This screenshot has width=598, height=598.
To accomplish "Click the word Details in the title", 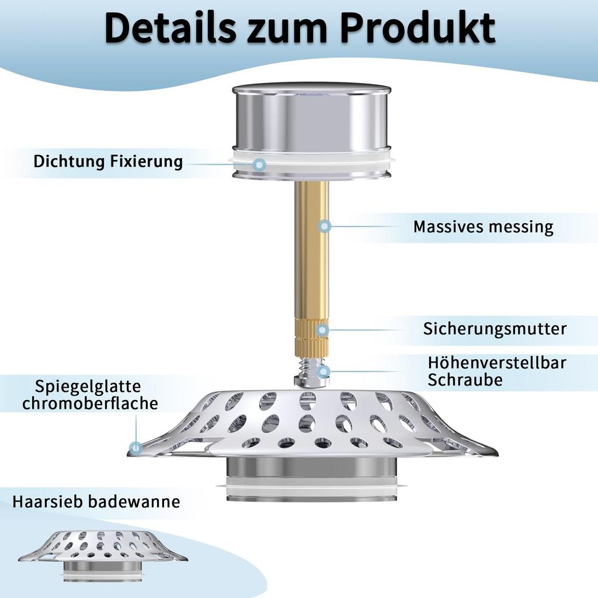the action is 170,28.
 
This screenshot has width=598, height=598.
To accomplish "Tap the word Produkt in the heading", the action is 418,28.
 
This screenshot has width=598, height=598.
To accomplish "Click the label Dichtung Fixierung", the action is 108,161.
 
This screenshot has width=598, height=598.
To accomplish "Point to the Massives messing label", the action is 483,227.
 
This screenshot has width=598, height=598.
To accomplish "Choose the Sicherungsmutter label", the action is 495,328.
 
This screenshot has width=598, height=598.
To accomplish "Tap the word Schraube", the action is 465,380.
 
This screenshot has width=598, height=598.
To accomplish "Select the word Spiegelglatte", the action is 88,387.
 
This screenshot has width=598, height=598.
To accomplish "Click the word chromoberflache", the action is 90,404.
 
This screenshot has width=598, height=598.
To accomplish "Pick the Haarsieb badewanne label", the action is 96,501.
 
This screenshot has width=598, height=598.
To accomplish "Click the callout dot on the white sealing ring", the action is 260,165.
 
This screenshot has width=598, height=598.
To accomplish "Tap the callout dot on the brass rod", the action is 325,227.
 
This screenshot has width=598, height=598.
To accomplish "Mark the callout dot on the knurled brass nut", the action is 322,329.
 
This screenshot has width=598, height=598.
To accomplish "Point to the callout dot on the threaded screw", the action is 324,371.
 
